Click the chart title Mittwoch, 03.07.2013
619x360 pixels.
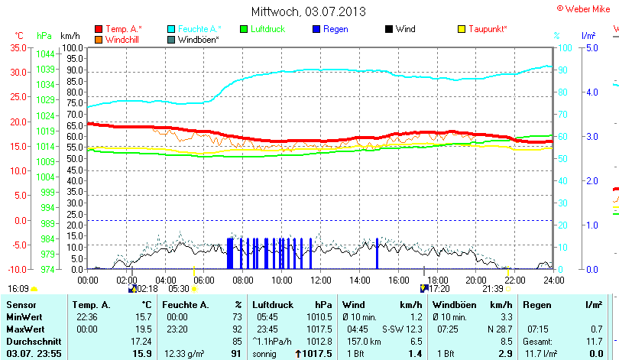[308, 11]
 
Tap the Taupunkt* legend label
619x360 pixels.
[488, 29]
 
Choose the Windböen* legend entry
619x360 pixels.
[198, 39]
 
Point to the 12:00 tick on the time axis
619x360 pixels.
[321, 280]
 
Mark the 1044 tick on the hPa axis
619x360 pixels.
[44, 54]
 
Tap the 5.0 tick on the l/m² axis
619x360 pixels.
[591, 47]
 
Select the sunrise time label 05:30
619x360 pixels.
[179, 289]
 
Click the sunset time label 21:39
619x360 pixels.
[493, 289]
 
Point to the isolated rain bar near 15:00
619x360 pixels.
[377, 253]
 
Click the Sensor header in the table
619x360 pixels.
[21, 304]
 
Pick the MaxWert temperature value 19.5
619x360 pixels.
[143, 329]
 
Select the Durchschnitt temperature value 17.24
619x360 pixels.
[140, 341]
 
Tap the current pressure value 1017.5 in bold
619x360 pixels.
[319, 354]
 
